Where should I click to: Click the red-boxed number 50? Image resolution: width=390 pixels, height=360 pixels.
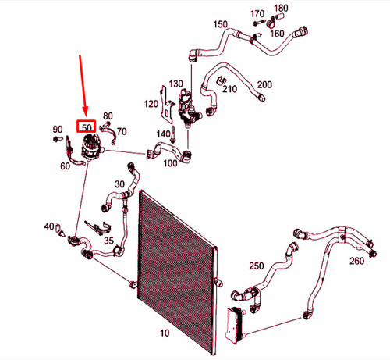click(87, 127)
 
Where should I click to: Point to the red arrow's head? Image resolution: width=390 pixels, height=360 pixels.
click(86, 113)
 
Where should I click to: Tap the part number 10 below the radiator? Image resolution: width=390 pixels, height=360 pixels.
click(165, 333)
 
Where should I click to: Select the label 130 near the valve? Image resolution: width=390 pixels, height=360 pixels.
click(176, 84)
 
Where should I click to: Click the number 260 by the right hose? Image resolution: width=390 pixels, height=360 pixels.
click(356, 261)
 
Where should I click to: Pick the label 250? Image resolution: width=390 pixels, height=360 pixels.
click(257, 266)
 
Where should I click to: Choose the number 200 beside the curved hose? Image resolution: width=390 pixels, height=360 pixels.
click(264, 84)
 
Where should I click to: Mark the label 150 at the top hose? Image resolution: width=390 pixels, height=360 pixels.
click(221, 24)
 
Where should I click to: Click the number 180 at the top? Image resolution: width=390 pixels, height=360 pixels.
click(281, 9)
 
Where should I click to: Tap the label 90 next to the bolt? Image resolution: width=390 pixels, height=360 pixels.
click(58, 129)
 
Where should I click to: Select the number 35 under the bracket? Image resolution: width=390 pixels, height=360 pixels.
click(108, 241)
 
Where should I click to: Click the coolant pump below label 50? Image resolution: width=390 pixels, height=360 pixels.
click(92, 148)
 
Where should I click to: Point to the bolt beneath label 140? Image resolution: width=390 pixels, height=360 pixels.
click(173, 134)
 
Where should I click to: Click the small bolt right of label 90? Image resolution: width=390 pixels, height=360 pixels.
click(58, 139)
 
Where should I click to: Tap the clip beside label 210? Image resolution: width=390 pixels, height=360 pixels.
click(222, 80)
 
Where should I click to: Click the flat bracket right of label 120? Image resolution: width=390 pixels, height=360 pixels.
click(166, 105)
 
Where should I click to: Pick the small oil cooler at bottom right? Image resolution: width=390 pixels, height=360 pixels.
click(236, 326)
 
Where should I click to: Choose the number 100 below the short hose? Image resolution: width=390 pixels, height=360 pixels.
click(170, 163)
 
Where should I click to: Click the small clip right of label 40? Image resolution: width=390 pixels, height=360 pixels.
click(60, 230)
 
